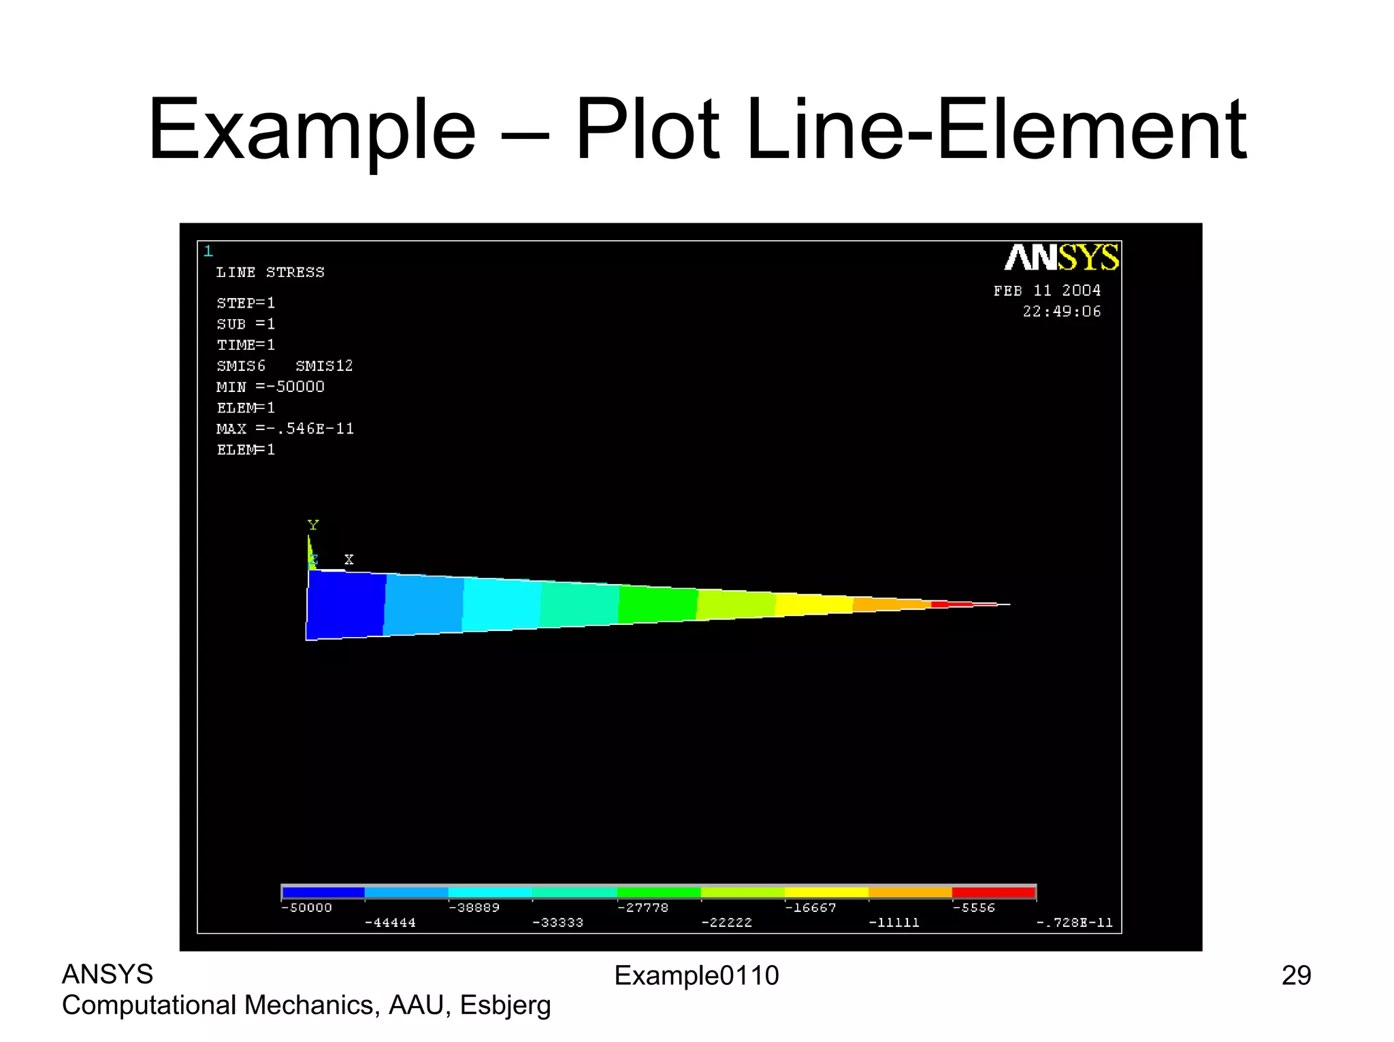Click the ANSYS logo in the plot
click(x=1061, y=258)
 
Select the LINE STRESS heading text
click(x=270, y=272)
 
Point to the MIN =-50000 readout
click(x=270, y=387)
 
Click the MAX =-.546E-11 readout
click(x=285, y=429)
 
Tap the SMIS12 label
click(x=324, y=366)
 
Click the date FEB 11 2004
click(x=1047, y=291)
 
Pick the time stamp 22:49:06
click(x=1061, y=312)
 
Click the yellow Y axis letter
click(x=313, y=525)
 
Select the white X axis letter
click(x=349, y=559)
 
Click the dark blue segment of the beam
click(x=346, y=604)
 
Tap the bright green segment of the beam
click(x=658, y=604)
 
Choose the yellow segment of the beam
click(x=813, y=604)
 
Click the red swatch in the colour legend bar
click(x=993, y=892)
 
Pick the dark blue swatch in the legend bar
click(x=323, y=892)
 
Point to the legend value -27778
click(x=643, y=908)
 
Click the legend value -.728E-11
click(x=1074, y=923)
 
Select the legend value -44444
click(x=390, y=923)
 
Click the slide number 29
click(x=1296, y=976)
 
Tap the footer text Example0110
click(x=696, y=976)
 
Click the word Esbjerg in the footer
click(x=505, y=1006)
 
